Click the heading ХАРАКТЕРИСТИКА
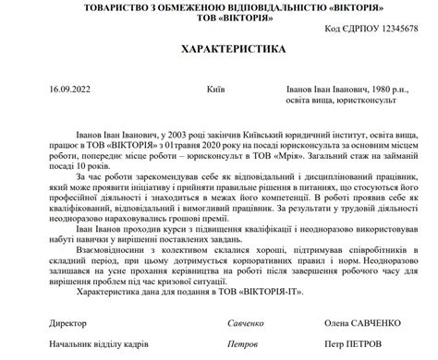(219, 45)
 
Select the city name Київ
(217, 90)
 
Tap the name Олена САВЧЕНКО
(363, 323)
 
